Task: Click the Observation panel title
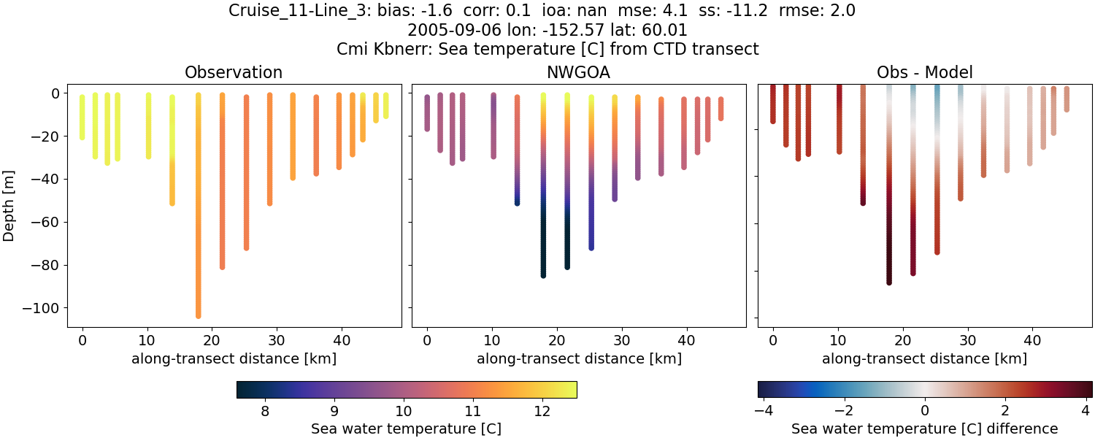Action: [234, 72]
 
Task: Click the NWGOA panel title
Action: [579, 72]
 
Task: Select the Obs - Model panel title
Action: [924, 72]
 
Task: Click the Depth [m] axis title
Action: [9, 205]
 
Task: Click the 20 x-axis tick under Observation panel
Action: [212, 340]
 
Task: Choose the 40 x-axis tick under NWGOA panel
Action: [686, 340]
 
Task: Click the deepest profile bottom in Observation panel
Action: [198, 315]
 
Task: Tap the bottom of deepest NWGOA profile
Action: [543, 275]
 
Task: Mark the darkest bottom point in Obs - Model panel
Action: [888, 282]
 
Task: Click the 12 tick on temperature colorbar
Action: [542, 411]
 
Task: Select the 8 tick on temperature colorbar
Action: [264, 411]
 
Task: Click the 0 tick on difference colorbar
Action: [925, 411]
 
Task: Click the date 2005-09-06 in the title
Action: [445, 31]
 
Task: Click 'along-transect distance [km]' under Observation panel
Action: [234, 358]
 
